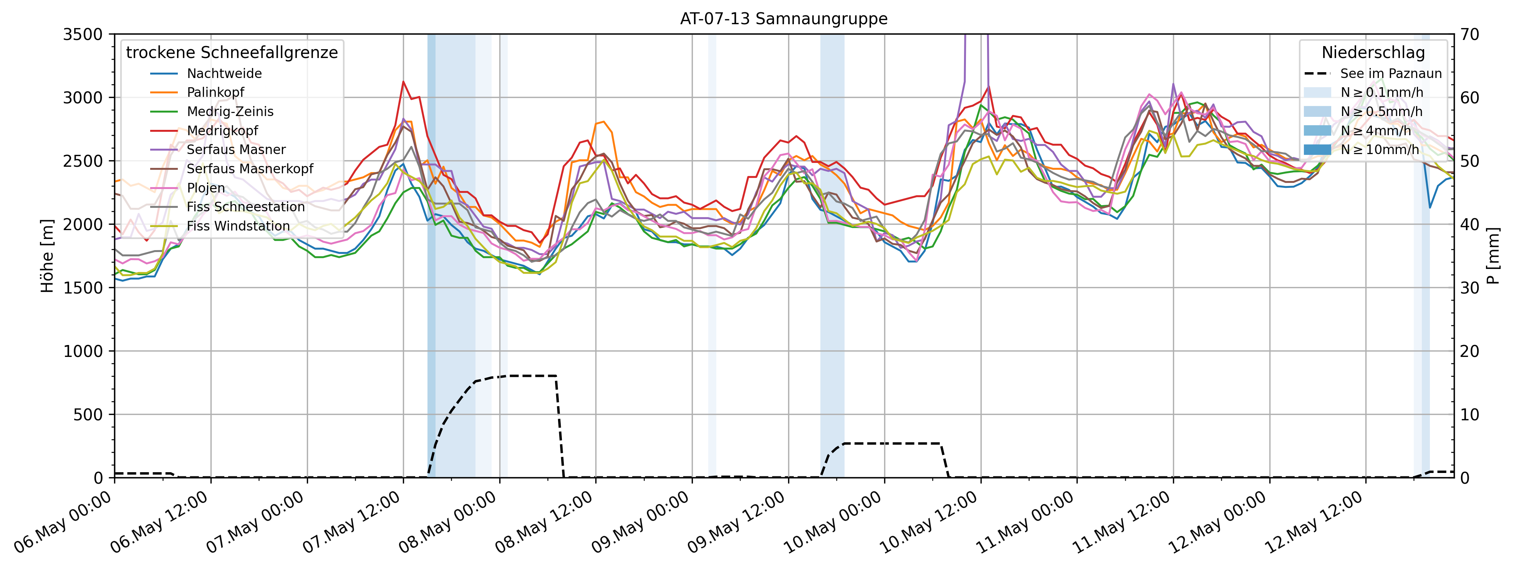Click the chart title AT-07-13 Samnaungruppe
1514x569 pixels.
tap(784, 19)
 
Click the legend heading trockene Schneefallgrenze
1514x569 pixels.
tap(232, 53)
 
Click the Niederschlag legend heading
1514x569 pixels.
tap(1373, 53)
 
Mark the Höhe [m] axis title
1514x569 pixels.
tap(47, 256)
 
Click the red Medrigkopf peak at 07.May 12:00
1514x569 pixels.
tap(403, 82)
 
